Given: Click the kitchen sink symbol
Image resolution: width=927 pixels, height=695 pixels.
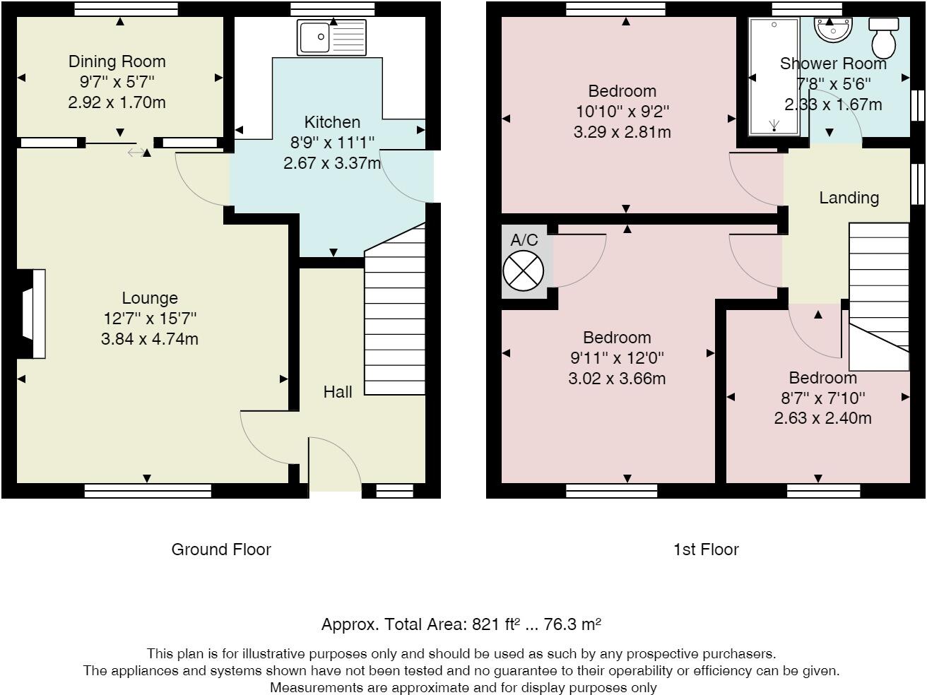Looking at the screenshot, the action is coord(331,37).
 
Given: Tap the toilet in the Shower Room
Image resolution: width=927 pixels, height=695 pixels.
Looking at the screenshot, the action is coord(883,38).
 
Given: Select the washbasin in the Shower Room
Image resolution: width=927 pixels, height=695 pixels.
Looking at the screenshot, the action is coord(833,30).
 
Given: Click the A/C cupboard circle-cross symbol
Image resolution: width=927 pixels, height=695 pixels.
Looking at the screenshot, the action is coord(524,271).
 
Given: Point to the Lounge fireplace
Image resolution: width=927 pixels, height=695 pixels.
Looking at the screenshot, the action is coord(31,314).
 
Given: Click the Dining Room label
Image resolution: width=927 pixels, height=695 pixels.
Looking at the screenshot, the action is coord(117,61).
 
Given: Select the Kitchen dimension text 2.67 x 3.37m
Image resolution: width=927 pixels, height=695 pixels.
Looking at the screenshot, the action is coord(332,163).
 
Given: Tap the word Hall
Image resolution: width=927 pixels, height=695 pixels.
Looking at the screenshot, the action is coord(338,392).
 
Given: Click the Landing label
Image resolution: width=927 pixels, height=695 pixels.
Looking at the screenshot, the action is coord(849,198).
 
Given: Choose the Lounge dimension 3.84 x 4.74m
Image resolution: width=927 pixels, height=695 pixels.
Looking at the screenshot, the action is coord(150,339).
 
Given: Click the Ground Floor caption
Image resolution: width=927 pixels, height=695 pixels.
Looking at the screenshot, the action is coord(221,550).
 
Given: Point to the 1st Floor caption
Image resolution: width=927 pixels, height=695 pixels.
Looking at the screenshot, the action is coord(706,550).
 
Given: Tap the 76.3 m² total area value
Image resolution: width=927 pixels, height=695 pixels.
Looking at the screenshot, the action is coord(572,624).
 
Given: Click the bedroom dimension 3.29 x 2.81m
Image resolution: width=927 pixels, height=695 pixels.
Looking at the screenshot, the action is coord(622,132).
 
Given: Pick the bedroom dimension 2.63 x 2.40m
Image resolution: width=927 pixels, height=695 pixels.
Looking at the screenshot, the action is coord(822,418).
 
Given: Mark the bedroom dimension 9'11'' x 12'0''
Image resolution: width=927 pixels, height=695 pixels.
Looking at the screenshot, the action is coord(617,358).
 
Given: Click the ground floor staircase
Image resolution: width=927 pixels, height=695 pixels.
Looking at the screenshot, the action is coord(394,309).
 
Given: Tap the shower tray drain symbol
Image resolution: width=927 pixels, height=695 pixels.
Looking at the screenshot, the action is coord(774,125).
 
